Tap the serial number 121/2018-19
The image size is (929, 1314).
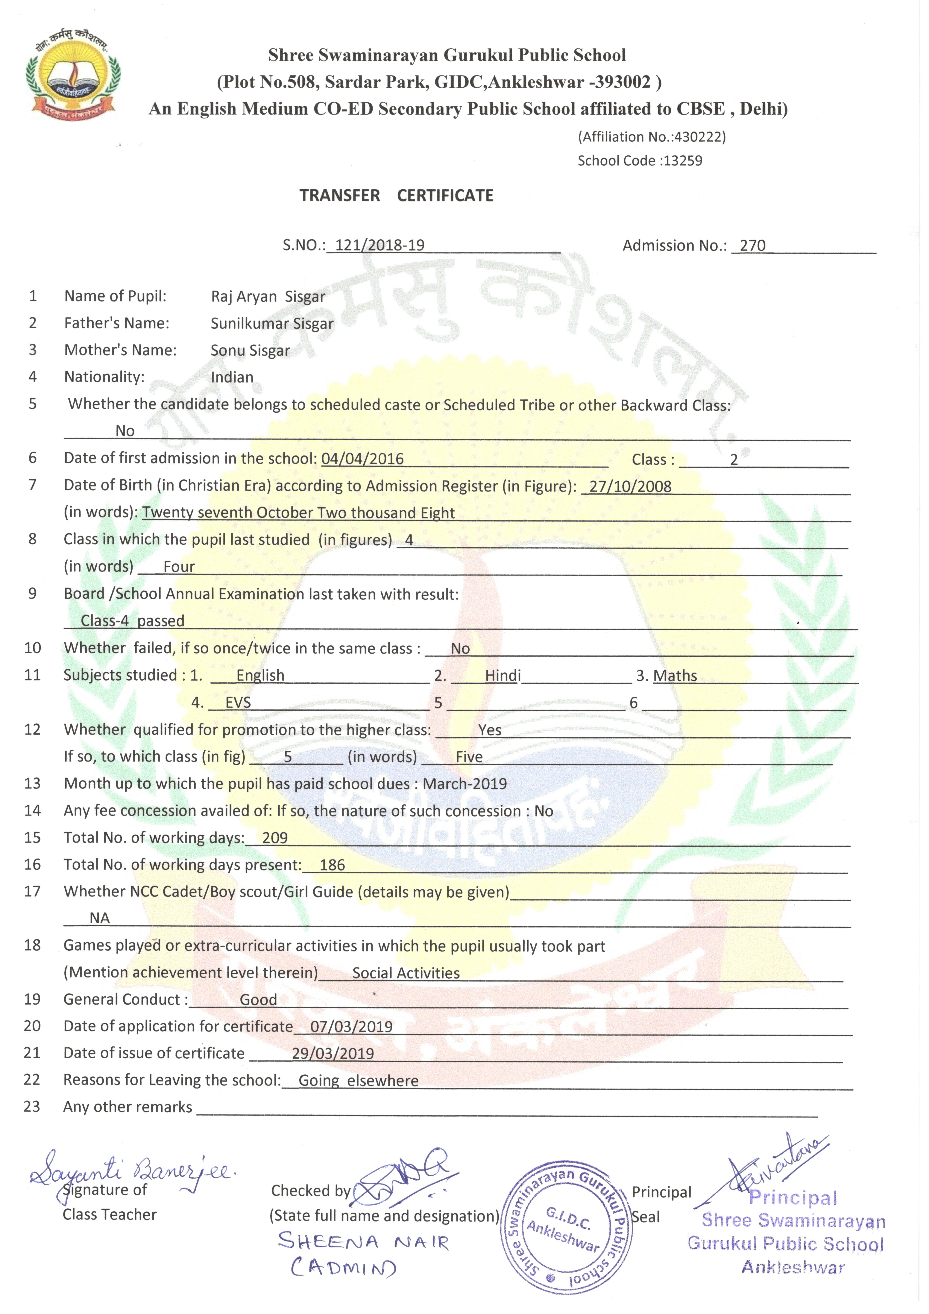coord(380,246)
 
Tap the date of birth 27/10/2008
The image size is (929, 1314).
coord(630,487)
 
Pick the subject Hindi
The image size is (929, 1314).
coord(503,675)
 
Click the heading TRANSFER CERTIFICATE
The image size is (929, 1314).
coord(396,196)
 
